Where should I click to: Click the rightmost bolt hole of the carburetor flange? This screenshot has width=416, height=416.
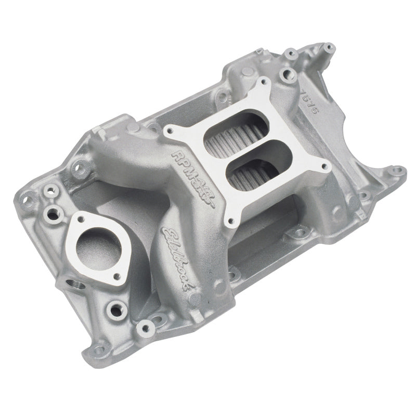326,167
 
